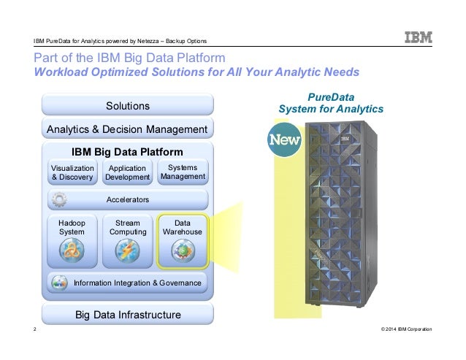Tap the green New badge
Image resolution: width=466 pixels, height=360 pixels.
(284, 139)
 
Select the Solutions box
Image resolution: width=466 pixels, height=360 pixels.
(128, 106)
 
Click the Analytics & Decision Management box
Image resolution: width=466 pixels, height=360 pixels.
(128, 129)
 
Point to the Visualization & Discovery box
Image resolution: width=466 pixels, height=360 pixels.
(72, 172)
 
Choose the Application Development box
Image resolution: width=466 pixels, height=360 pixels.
(128, 172)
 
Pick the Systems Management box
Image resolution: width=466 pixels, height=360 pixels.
(183, 172)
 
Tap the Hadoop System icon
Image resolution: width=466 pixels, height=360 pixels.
(72, 252)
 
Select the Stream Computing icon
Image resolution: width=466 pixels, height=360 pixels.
(127, 252)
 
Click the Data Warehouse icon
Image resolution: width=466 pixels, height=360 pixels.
(183, 252)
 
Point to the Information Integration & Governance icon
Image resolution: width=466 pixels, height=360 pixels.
(61, 282)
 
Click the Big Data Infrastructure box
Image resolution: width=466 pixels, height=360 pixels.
(128, 315)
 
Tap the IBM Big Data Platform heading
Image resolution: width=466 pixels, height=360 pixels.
(128, 152)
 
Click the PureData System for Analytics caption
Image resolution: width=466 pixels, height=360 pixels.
(331, 103)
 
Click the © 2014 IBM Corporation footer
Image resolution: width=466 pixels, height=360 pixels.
(406, 330)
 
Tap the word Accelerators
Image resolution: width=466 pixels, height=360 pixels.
(128, 199)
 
